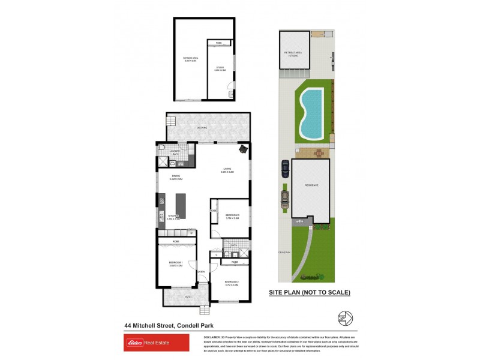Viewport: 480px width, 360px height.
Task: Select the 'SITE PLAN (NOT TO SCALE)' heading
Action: pyautogui.click(x=310, y=292)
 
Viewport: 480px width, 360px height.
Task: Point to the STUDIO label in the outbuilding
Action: pyautogui.click(x=220, y=69)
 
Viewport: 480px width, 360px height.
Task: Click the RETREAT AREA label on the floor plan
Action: pyautogui.click(x=190, y=59)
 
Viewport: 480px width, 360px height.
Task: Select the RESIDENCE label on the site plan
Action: pyautogui.click(x=311, y=185)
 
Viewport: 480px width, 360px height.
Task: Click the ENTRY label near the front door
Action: pyautogui.click(x=202, y=272)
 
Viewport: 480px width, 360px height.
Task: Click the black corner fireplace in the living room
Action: pyautogui.click(x=242, y=149)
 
